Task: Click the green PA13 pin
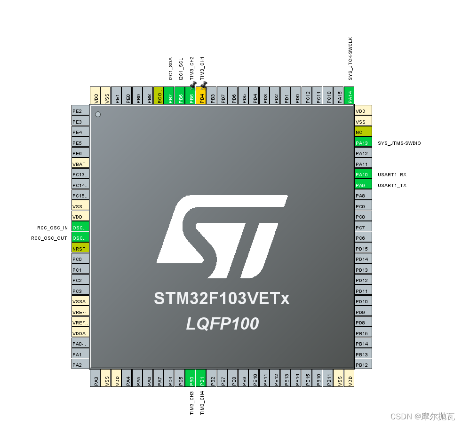coord(363,143)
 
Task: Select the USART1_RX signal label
coord(392,174)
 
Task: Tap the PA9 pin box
coord(363,185)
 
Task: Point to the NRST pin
coord(80,249)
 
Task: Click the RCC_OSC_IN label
coord(52,228)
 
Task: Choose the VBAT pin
coord(80,164)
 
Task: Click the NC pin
coord(363,132)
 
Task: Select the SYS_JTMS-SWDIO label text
coord(399,143)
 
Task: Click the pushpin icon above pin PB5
coord(193,84)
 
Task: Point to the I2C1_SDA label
coord(170,68)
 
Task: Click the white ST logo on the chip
coord(221,236)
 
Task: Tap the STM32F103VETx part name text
coord(221,299)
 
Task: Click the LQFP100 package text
coord(222,324)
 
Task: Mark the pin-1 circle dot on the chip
coord(98,114)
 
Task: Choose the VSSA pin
coord(80,301)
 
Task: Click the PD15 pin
coord(363,249)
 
